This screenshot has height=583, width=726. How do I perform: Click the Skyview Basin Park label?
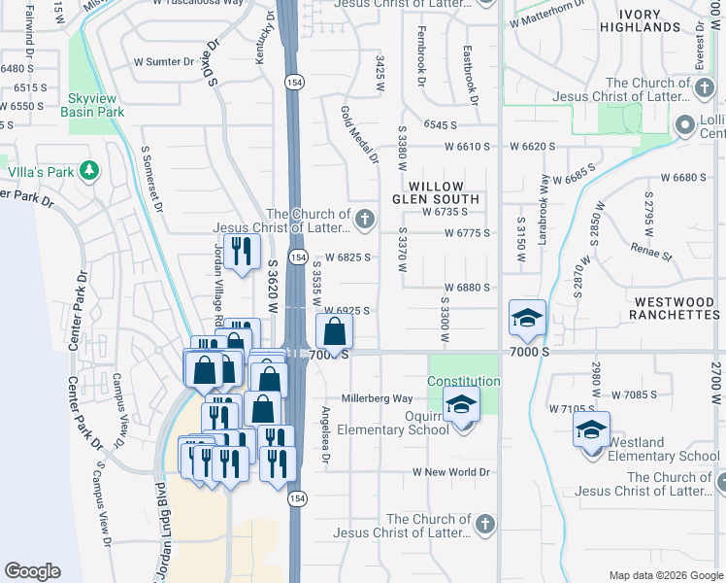pyautogui.click(x=97, y=105)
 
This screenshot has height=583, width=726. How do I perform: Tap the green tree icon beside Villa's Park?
pyautogui.click(x=90, y=172)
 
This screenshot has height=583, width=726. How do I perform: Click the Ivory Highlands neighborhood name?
pyautogui.click(x=639, y=19)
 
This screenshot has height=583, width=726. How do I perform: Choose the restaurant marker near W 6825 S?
pyautogui.click(x=242, y=252)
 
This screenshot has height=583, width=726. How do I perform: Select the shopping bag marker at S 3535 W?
pyautogui.click(x=334, y=331)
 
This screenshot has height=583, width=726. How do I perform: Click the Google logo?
pyautogui.click(x=33, y=571)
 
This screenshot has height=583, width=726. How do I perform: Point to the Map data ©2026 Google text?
pyautogui.click(x=665, y=574)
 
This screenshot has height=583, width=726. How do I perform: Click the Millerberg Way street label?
pyautogui.click(x=377, y=398)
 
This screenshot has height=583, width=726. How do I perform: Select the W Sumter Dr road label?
pyautogui.click(x=164, y=61)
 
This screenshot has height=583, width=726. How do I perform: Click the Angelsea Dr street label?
pyautogui.click(x=325, y=436)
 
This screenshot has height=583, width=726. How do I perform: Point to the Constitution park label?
pyautogui.click(x=463, y=382)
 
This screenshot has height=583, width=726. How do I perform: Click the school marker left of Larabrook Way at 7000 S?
pyautogui.click(x=528, y=318)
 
